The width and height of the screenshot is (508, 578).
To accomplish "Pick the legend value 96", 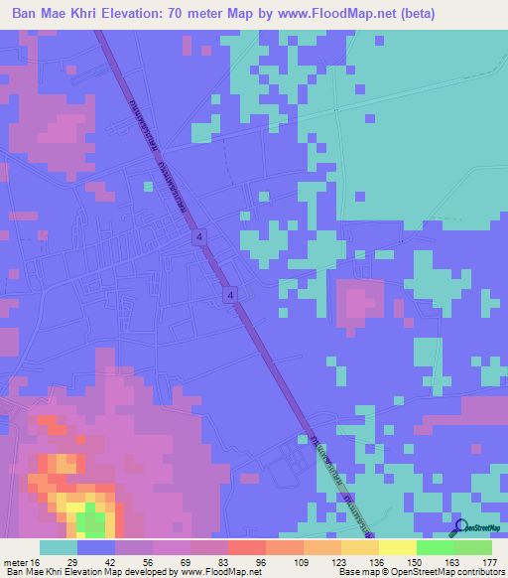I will point(261,561).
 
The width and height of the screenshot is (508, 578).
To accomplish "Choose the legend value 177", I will point(488,561).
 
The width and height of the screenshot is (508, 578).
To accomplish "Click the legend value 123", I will point(337,561).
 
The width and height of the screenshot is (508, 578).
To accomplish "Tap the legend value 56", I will point(149,561).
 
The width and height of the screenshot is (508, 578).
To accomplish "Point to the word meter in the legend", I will point(16,561).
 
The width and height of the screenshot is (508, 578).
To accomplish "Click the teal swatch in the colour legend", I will point(58,547).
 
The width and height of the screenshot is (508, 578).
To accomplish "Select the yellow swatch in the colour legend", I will point(397,547).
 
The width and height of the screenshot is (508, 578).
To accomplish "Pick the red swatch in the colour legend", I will point(246,547).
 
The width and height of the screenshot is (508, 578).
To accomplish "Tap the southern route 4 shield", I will point(230,295).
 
